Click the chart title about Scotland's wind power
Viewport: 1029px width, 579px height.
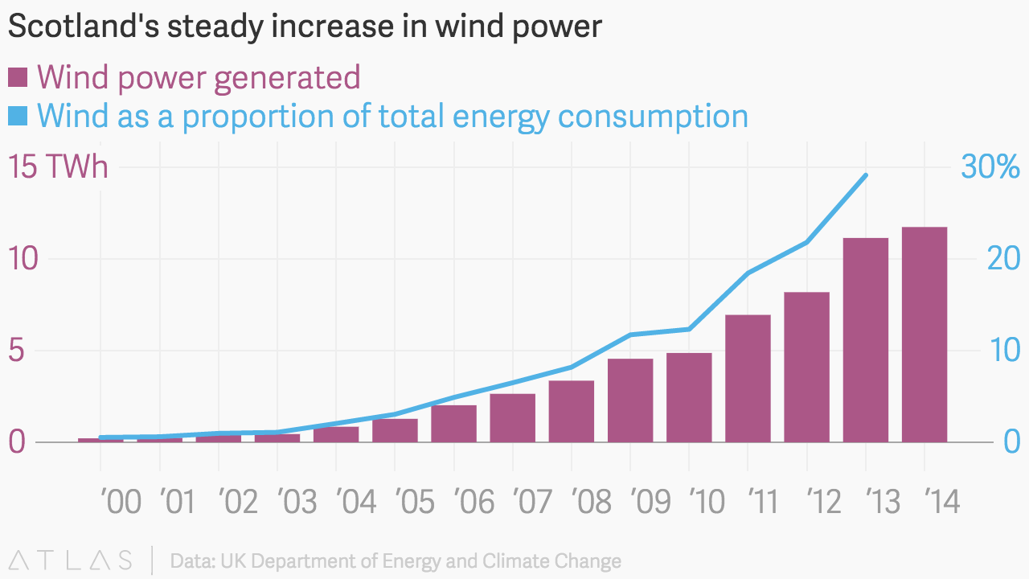click(x=304, y=27)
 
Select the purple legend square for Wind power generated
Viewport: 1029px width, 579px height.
click(x=18, y=78)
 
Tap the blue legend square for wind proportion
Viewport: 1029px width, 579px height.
click(x=18, y=116)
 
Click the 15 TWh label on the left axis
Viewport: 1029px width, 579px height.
click(x=58, y=168)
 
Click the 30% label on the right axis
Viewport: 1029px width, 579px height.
click(x=990, y=168)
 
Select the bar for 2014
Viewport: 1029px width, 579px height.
click(x=924, y=335)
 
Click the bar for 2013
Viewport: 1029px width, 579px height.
click(x=866, y=340)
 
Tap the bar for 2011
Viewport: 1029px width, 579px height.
click(x=748, y=378)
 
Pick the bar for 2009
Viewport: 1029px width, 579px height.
click(x=630, y=400)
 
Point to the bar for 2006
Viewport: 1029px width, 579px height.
click(x=453, y=423)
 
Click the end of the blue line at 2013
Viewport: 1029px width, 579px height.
click(x=866, y=175)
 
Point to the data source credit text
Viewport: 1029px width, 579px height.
click(x=396, y=561)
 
